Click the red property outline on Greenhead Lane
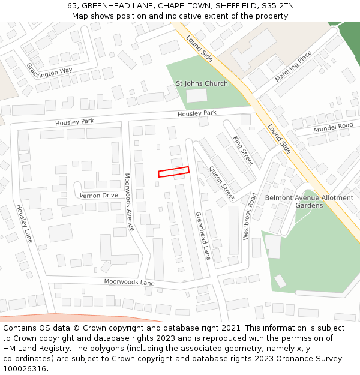click(x=174, y=172)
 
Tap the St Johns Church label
click(x=202, y=83)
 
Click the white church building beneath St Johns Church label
click(x=196, y=95)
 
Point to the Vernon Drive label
click(x=99, y=195)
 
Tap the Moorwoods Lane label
click(x=129, y=281)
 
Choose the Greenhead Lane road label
click(x=203, y=235)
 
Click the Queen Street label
click(x=221, y=183)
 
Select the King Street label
click(x=243, y=151)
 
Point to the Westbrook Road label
click(x=250, y=216)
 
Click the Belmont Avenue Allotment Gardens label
click(x=309, y=202)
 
